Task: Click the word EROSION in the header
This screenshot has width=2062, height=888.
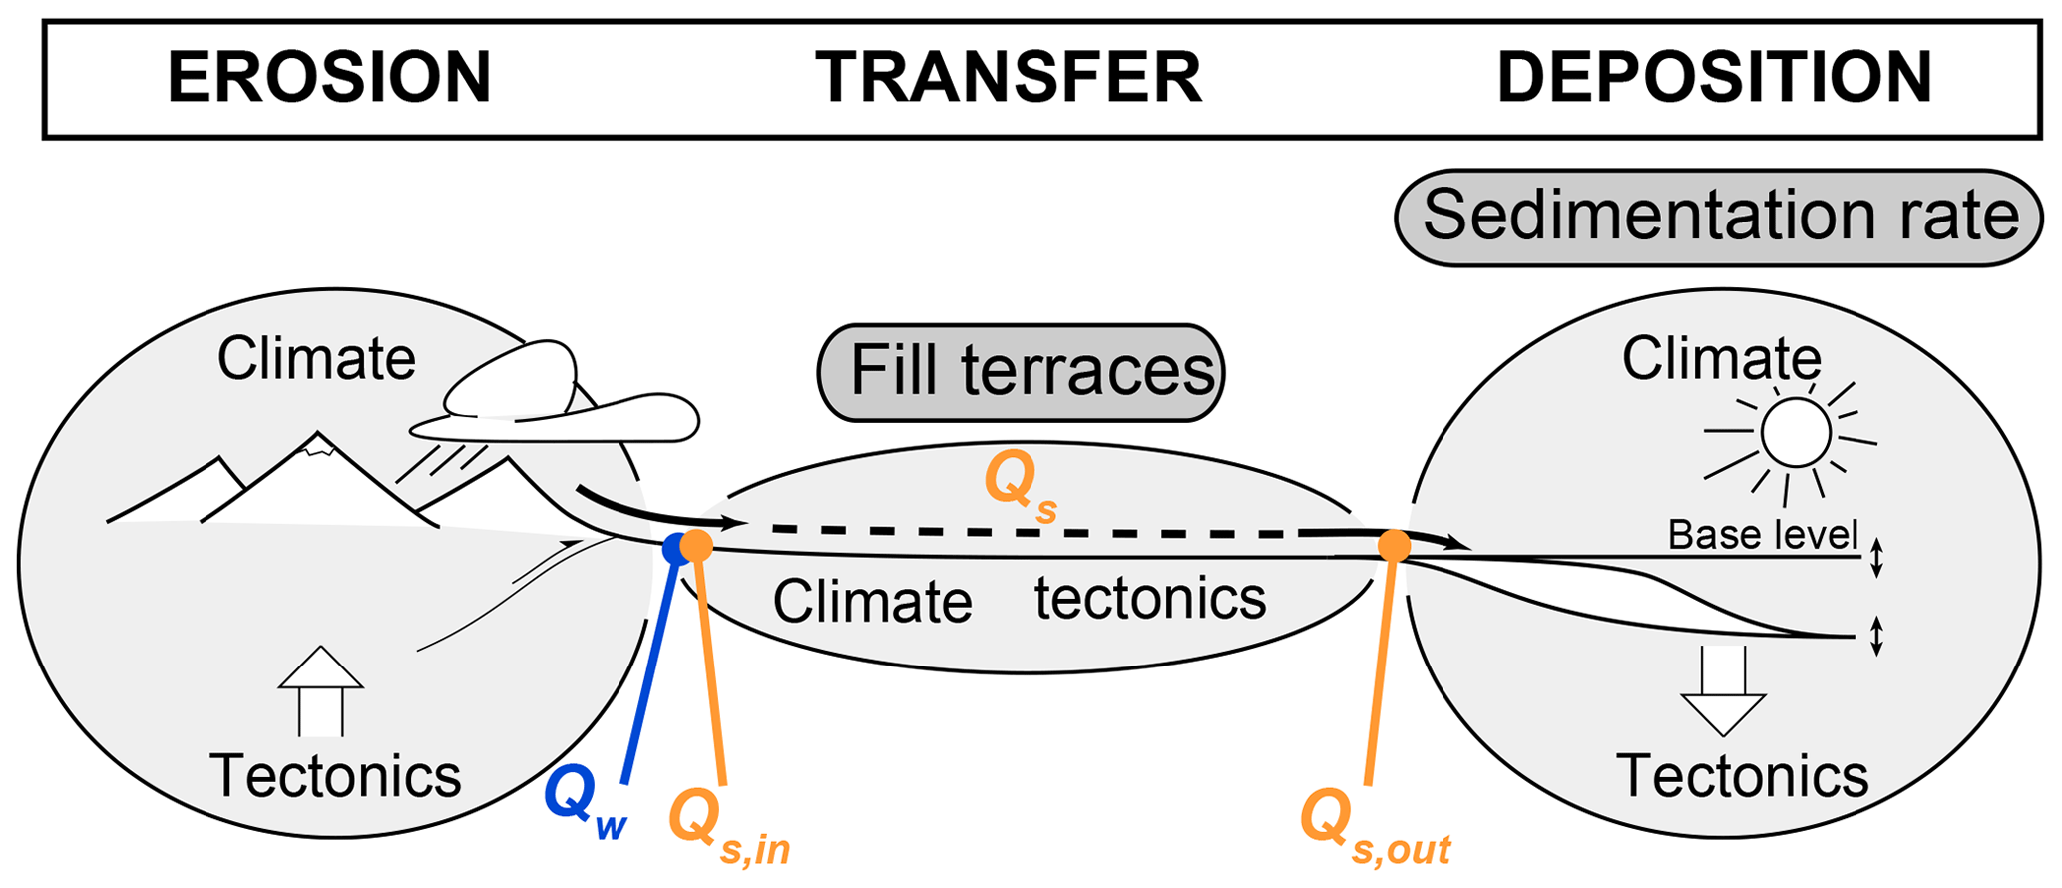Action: [x=329, y=78]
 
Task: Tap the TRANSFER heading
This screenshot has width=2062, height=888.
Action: [x=1009, y=78]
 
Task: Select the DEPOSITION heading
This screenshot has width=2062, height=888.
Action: [x=1715, y=78]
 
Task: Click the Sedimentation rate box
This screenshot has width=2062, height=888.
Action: [x=1719, y=218]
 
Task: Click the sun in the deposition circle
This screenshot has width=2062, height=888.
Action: [x=1795, y=434]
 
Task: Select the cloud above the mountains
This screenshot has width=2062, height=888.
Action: [x=555, y=399]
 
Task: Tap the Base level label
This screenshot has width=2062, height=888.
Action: [x=1763, y=536]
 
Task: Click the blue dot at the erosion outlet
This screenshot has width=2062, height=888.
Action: [x=674, y=548]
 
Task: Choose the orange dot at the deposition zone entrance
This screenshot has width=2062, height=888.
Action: [x=1394, y=546]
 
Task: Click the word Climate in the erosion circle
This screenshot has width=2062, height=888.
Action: [x=316, y=359]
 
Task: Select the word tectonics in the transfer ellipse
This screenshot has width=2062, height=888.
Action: [x=1149, y=599]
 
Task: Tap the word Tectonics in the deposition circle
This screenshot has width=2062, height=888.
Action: [x=1742, y=776]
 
